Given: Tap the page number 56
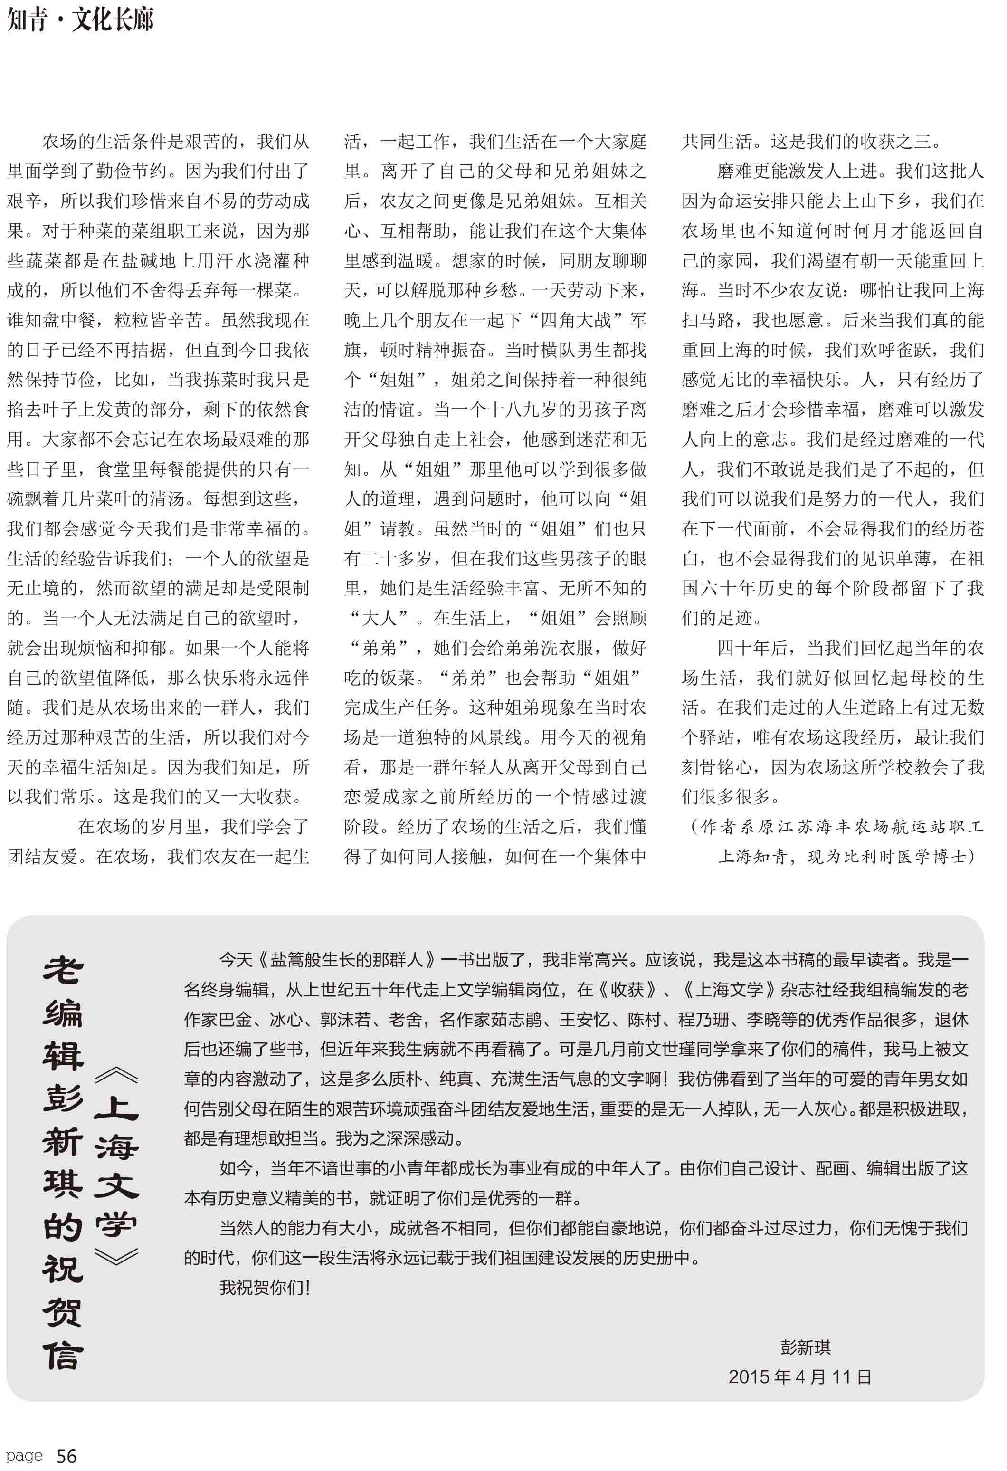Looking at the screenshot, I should (66, 1456).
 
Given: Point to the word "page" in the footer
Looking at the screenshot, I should (25, 1455).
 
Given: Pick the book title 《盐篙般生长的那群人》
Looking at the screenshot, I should (348, 960).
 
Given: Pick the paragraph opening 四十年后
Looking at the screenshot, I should (752, 648).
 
